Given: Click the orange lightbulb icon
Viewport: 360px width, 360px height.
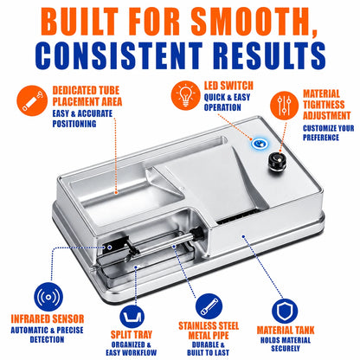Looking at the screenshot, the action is [x=185, y=95].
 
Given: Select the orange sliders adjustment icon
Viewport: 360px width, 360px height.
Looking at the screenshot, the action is [x=284, y=106].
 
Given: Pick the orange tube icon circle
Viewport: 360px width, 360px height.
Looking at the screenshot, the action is [x=32, y=100].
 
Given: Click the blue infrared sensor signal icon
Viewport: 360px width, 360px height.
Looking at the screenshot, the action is [x=48, y=297].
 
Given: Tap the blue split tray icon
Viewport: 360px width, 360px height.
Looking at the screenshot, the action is [x=132, y=317].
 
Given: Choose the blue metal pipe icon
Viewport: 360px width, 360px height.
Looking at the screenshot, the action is [x=209, y=306].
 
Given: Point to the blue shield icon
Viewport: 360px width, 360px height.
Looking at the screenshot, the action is [x=285, y=312].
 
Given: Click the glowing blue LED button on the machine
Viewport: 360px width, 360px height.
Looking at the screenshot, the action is [x=260, y=143].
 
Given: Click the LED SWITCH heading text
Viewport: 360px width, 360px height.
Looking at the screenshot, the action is [x=228, y=86].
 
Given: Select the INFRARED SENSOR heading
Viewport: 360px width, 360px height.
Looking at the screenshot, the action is [x=48, y=318].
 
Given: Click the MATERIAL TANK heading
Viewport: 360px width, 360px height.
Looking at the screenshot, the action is [x=286, y=331].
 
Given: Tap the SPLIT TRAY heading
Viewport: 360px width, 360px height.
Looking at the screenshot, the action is [x=132, y=335].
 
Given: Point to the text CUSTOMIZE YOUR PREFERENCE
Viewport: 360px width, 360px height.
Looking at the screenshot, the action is [x=328, y=132].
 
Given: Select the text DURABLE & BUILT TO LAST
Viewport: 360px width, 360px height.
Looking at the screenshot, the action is [x=208, y=349].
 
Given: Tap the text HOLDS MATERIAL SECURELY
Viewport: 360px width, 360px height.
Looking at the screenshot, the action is [x=286, y=344].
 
